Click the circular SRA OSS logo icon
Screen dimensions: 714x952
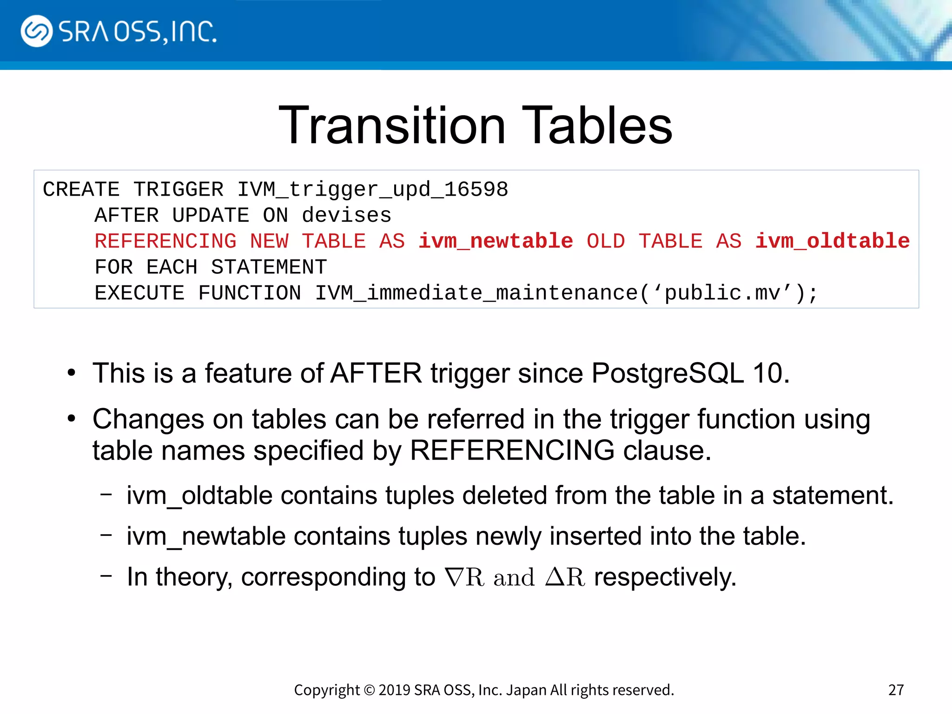tap(36, 31)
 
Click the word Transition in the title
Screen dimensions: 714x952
tap(392, 126)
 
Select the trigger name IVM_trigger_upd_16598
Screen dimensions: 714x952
tap(373, 190)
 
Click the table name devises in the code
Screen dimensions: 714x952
tap(347, 215)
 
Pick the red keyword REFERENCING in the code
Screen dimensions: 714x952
tap(165, 241)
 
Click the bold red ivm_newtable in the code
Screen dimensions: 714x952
tap(496, 241)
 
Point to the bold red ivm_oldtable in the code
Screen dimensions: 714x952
tap(832, 241)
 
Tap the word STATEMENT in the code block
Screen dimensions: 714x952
tap(269, 267)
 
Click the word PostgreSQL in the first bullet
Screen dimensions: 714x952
tap(668, 373)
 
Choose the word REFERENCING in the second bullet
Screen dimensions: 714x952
tap(512, 450)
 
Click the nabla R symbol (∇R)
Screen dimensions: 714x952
tap(464, 577)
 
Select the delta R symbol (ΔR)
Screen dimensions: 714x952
tap(565, 577)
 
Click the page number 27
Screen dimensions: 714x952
tap(896, 690)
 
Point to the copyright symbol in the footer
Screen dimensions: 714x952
tap(369, 690)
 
